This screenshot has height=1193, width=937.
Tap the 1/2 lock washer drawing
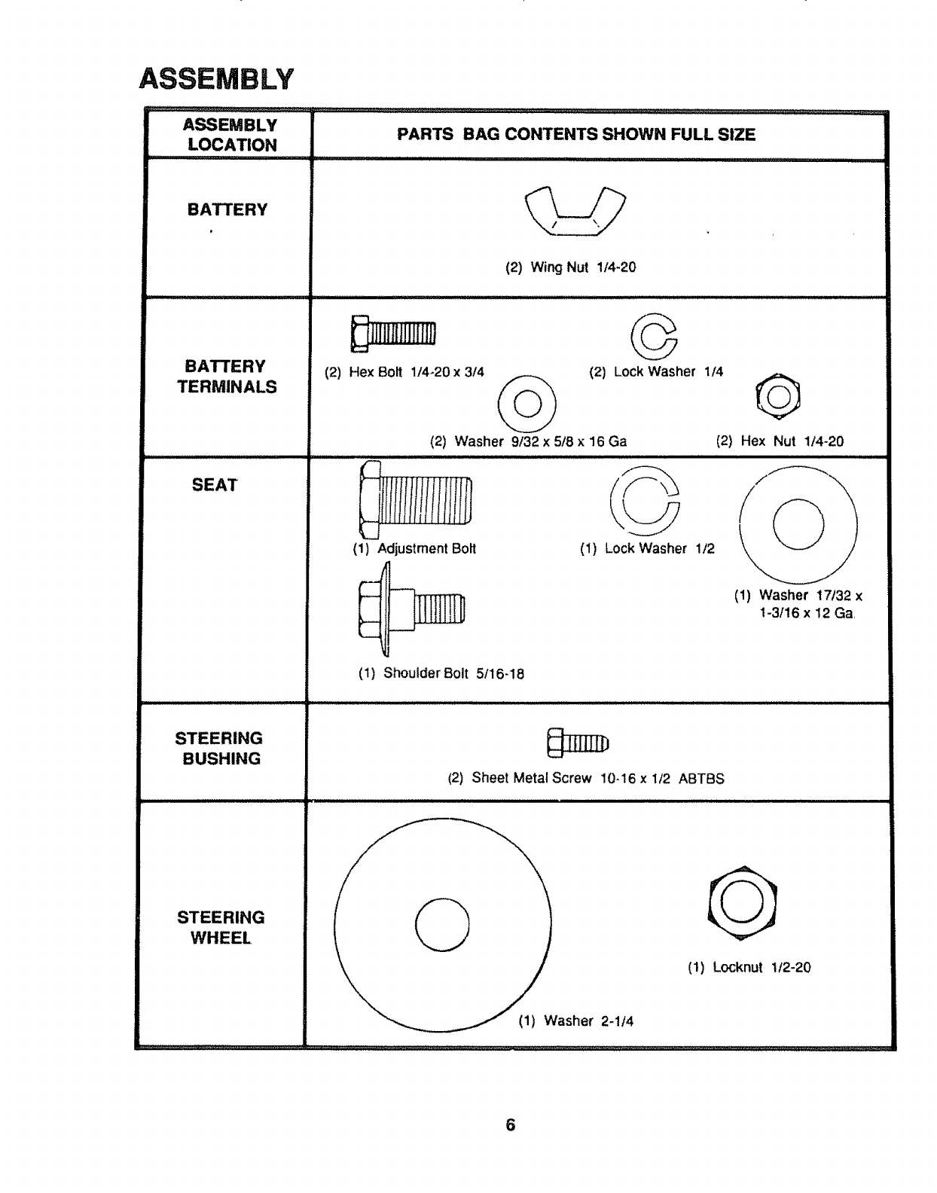645,497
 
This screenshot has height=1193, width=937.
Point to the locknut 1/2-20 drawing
743,900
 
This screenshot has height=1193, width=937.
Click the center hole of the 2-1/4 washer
442,926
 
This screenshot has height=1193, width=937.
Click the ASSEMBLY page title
215,79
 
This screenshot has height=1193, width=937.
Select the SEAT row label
215,485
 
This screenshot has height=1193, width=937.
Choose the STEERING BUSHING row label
219,749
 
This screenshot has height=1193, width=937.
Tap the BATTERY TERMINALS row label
226,377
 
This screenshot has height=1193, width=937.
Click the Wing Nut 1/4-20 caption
571,267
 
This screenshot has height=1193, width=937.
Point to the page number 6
511,1124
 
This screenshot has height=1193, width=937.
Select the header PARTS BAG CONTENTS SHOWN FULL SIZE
576,135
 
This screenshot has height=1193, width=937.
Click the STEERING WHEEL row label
221,927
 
